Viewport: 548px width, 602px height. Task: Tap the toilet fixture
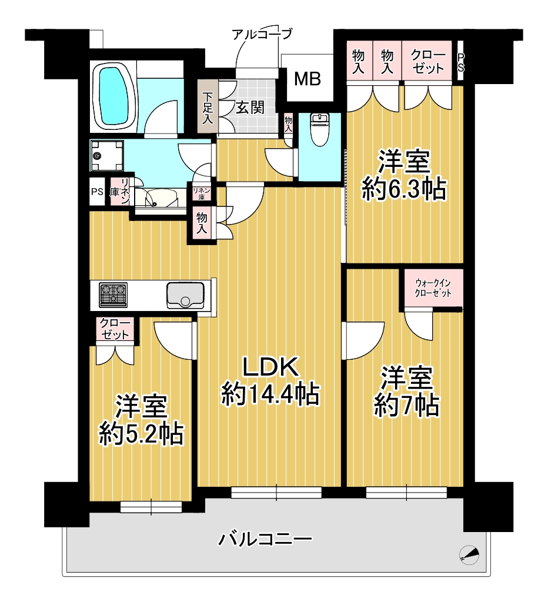click(x=319, y=129)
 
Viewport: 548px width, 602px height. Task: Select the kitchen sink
click(x=185, y=295)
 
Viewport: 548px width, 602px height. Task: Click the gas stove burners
click(x=113, y=295)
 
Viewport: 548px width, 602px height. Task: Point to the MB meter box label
click(x=307, y=79)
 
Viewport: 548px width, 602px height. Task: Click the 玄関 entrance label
click(x=250, y=108)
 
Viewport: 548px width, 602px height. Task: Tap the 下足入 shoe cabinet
click(x=208, y=106)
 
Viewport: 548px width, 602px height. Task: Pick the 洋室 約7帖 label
click(x=407, y=392)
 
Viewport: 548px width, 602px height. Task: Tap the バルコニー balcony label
click(x=265, y=540)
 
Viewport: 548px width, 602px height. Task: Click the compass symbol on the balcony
click(x=469, y=554)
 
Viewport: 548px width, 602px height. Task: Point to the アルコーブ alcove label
click(x=262, y=34)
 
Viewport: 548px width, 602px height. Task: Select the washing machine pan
click(x=107, y=155)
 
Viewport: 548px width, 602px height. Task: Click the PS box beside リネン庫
click(x=97, y=191)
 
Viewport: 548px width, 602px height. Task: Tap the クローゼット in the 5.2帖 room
click(x=115, y=329)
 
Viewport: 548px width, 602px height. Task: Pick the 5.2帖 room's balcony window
click(x=151, y=507)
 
